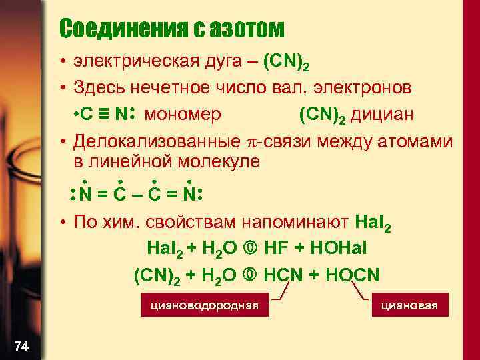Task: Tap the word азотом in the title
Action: tap(246, 29)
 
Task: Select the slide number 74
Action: tap(21, 345)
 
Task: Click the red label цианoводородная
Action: tap(204, 306)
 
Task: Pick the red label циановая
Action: tap(409, 306)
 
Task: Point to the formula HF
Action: tap(276, 249)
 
